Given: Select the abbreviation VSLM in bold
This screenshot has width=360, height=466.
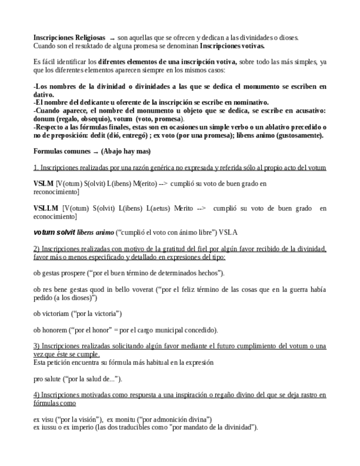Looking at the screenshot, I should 43,184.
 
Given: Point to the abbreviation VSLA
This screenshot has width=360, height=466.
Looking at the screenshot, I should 228,232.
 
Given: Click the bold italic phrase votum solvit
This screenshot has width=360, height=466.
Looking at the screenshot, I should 54,232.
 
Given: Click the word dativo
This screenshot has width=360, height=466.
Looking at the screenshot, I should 44,95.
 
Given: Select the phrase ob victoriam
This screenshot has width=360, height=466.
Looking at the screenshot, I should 56,313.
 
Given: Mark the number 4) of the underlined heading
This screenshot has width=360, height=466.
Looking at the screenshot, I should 37,395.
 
